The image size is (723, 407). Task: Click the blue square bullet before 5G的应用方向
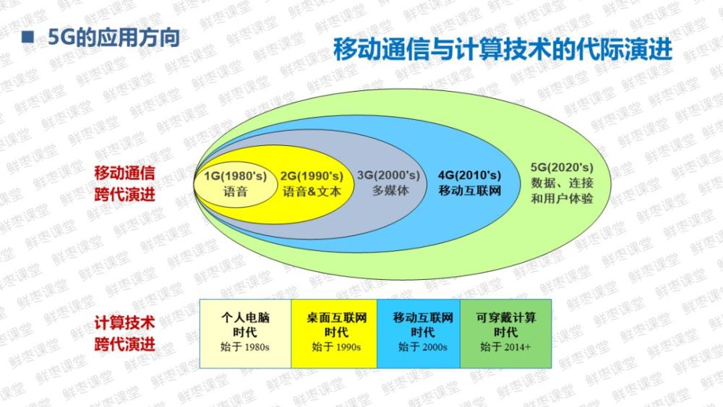pos(28,38)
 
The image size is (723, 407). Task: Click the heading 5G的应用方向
pos(114,38)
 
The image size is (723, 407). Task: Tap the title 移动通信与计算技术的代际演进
pos(502,49)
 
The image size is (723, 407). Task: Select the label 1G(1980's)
pos(236,176)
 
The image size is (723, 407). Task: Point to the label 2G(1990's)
pos(312,176)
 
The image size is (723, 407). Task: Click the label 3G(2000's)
pos(389,176)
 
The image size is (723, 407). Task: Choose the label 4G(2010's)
pos(469,175)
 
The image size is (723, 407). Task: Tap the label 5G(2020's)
pos(562,167)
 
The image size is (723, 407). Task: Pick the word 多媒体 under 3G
pos(390,190)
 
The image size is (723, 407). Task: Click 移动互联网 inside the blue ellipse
pos(470,190)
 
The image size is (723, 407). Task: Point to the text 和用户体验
pos(562,199)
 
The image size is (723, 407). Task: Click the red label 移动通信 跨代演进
pos(124,184)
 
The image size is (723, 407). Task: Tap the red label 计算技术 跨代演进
pos(124,333)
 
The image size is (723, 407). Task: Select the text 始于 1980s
pos(245,347)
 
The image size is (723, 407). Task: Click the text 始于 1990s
pos(336,347)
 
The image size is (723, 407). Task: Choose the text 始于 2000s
pos(422,347)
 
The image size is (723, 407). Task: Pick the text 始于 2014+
pos(505,347)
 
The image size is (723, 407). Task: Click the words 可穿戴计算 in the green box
pos(506,317)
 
